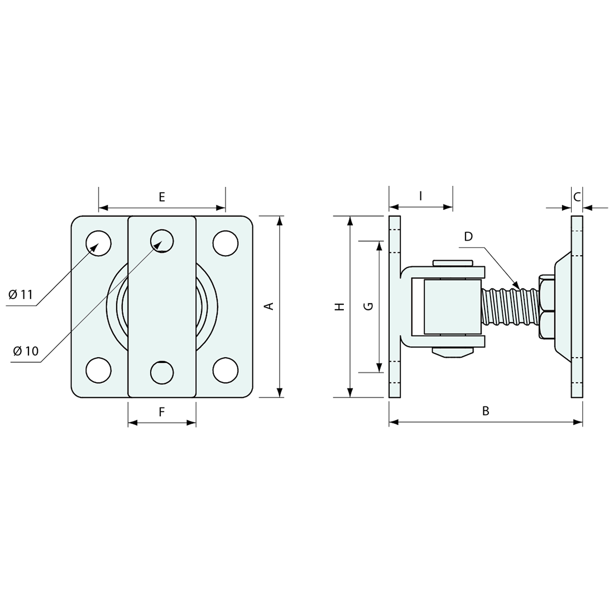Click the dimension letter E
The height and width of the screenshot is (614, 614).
[x=162, y=196]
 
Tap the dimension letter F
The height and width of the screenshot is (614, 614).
[x=162, y=412]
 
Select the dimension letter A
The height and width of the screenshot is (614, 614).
[x=268, y=306]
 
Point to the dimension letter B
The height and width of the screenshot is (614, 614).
[x=486, y=411]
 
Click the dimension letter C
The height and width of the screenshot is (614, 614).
[x=577, y=196]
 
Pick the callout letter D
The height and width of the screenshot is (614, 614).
[x=468, y=237]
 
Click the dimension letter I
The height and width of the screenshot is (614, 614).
[x=421, y=195]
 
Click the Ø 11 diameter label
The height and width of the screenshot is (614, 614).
[x=22, y=295]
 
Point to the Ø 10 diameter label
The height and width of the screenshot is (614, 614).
[x=26, y=351]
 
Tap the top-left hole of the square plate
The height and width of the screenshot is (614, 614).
[x=98, y=243]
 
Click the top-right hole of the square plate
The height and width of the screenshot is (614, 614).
[x=226, y=243]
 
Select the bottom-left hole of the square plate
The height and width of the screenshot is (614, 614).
[x=98, y=370]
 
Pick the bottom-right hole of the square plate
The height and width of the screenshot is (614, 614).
[x=226, y=370]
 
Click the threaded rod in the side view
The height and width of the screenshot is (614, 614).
[x=510, y=306]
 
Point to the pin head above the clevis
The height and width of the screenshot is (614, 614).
[x=453, y=262]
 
